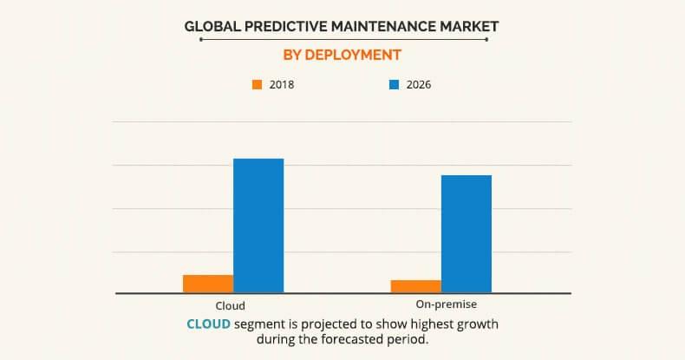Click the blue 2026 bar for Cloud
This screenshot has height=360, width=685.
[x=258, y=226]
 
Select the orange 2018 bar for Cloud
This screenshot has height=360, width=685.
[x=208, y=284]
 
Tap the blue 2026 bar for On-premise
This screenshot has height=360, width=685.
[x=466, y=234]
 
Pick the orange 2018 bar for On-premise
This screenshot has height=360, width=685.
[x=416, y=286]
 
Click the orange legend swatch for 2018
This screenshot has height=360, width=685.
[x=257, y=85]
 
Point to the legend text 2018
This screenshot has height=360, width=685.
[x=283, y=85]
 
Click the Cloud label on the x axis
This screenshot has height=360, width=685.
[x=230, y=305]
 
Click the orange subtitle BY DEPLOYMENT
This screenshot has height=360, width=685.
[x=342, y=55]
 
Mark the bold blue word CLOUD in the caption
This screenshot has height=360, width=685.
[x=208, y=324]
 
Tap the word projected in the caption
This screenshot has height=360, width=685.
[x=325, y=324]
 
